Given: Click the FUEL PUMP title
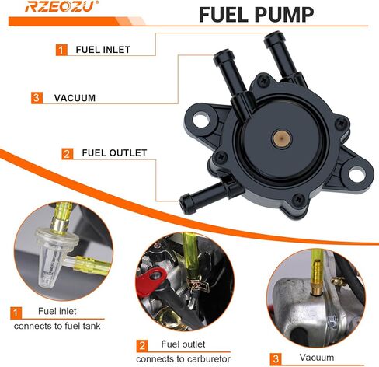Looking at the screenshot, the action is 256,15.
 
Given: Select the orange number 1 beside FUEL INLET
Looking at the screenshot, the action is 61,50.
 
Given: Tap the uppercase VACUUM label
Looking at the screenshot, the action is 75,98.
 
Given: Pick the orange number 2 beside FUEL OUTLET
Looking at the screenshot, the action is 68,154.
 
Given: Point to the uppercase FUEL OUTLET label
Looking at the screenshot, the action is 114,152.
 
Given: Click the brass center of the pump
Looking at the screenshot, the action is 281,138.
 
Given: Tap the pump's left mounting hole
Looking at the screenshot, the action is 201,120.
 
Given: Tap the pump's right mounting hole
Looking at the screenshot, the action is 356,174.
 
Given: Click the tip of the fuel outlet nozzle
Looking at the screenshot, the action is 184,204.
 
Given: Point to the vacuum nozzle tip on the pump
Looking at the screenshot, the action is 224,55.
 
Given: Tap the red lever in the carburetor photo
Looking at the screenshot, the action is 149,281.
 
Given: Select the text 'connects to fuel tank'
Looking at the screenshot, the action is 57,326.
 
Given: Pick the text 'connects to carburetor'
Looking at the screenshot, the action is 183,359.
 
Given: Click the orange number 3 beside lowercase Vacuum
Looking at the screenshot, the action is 276,358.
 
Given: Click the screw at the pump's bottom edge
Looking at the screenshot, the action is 298,200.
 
